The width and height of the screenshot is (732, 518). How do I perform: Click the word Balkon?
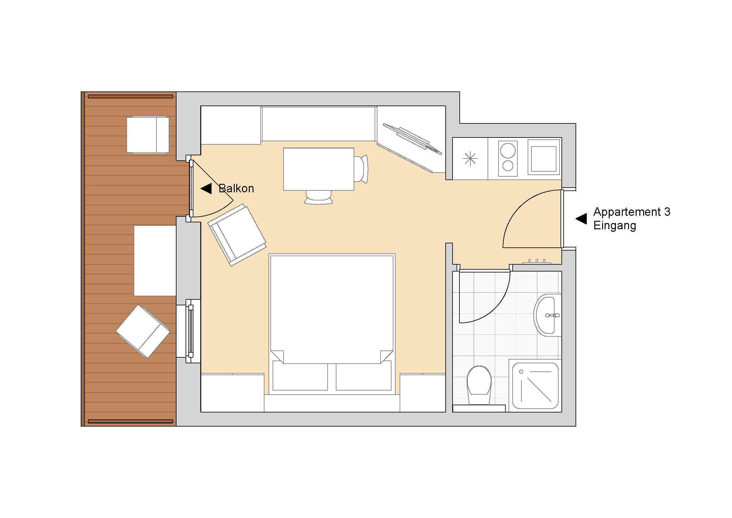tap(236, 189)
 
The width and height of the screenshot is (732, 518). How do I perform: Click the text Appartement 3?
tap(632, 212)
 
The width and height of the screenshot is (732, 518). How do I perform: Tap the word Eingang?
tap(615, 226)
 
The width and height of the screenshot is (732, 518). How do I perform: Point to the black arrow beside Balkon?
tap(206, 189)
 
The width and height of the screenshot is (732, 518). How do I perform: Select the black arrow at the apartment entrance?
tap(581, 219)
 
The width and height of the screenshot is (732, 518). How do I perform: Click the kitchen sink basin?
tap(544, 157)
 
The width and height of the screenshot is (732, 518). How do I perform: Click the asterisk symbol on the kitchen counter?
tap(470, 159)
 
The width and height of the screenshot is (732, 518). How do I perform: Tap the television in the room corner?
tap(412, 139)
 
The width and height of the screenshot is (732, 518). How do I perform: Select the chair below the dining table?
tap(319, 197)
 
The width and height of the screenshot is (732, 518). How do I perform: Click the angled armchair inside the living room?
tap(237, 235)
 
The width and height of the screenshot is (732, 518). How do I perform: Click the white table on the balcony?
tap(155, 261)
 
